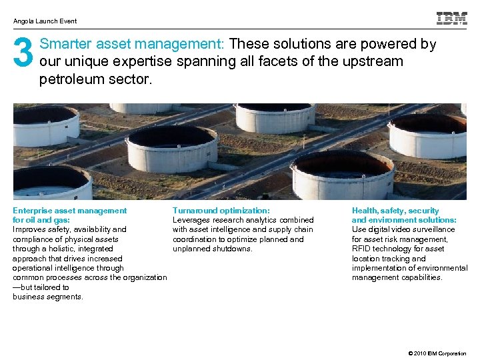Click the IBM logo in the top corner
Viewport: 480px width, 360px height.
(x=451, y=19)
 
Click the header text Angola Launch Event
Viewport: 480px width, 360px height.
(x=45, y=21)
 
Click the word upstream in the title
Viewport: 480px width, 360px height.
(x=373, y=62)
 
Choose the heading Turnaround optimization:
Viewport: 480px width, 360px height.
(x=221, y=211)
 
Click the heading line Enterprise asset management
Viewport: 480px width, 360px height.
(x=69, y=211)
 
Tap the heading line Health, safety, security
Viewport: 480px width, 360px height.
(x=395, y=211)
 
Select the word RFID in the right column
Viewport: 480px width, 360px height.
(x=363, y=249)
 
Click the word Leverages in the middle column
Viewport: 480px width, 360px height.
(x=192, y=220)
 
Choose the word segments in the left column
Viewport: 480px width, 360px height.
(x=65, y=297)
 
